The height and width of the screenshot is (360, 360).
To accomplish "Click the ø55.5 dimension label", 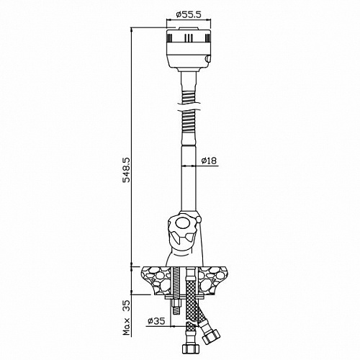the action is (x=188, y=15).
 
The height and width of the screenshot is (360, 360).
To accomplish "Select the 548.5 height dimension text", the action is (x=126, y=170).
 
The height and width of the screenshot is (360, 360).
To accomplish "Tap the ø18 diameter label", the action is (x=209, y=161).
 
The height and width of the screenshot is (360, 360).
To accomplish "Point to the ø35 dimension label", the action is (x=156, y=320).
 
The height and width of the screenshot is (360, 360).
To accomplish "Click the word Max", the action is (x=127, y=327).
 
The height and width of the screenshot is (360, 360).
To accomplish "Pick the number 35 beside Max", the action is (x=127, y=306).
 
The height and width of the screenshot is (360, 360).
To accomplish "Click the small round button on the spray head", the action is (x=207, y=58).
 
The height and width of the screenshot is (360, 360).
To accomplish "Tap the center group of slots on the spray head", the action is (x=189, y=37).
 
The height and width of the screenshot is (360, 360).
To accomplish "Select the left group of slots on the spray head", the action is (x=169, y=38).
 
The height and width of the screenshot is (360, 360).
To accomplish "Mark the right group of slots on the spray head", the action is (x=207, y=38).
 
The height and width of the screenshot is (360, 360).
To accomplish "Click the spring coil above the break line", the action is (x=189, y=96).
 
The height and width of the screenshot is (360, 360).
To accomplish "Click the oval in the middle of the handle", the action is (x=182, y=223).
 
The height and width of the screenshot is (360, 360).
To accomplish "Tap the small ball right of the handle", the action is (x=199, y=219).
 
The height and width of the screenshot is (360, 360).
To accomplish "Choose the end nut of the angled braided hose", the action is (x=211, y=336).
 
